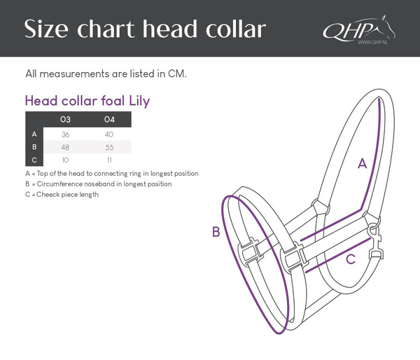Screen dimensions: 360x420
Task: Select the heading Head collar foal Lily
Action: (x=87, y=101)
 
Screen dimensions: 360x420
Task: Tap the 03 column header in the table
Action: (x=65, y=119)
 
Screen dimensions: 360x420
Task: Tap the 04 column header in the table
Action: (x=108, y=119)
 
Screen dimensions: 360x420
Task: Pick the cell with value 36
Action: (x=65, y=134)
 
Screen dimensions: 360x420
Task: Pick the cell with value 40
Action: (x=108, y=134)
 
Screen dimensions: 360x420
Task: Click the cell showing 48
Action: (x=65, y=147)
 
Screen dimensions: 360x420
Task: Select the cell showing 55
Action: (x=108, y=147)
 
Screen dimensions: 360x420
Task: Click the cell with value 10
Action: (x=65, y=160)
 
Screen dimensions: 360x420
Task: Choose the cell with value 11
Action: (x=108, y=160)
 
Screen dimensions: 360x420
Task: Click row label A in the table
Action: (x=34, y=134)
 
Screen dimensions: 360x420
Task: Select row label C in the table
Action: (x=34, y=160)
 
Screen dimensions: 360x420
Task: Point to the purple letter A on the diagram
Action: (x=362, y=164)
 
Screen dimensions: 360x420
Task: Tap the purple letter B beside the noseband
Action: (x=216, y=232)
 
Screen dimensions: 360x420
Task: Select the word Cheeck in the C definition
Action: (x=51, y=194)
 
